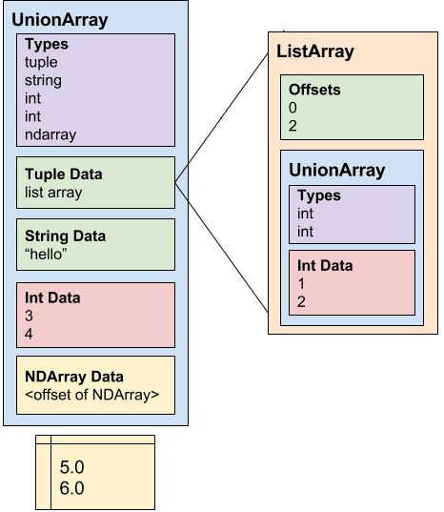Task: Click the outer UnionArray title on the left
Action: [59, 19]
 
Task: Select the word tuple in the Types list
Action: [40, 62]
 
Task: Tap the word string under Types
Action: [42, 80]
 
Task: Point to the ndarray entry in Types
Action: [50, 134]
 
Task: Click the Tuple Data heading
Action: [63, 174]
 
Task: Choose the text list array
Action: [53, 193]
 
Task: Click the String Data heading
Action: [65, 236]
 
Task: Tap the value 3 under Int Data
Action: [30, 316]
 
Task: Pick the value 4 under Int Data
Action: [30, 334]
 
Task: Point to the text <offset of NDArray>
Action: [91, 394]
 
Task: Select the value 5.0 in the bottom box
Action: [71, 468]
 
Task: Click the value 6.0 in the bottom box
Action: [71, 488]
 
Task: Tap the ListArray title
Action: [314, 51]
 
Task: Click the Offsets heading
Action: [315, 90]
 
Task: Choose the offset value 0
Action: [294, 108]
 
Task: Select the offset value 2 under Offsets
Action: [294, 126]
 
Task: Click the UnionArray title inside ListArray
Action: [336, 171]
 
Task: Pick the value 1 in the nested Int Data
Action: [301, 284]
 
